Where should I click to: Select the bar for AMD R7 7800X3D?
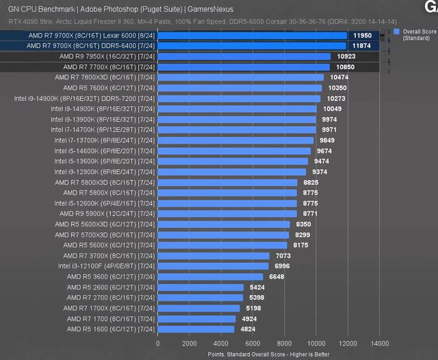[240, 77]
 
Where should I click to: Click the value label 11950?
[362, 35]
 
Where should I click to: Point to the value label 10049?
[333, 109]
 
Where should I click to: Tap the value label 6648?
[276, 277]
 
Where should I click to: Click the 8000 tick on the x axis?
[285, 344]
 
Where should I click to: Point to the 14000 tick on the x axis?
[380, 344]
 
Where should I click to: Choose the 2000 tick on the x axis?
[190, 344]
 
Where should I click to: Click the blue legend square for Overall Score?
[396, 31]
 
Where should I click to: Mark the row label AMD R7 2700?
[112, 297]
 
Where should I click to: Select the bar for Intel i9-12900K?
[233, 172]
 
